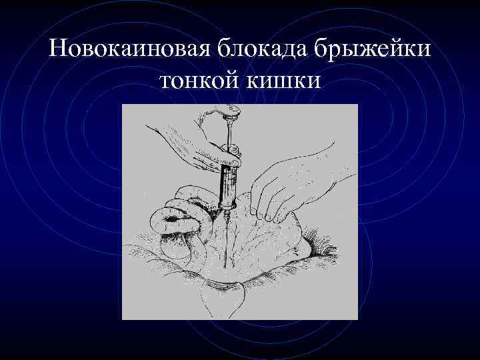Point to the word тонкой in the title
[x=201, y=81]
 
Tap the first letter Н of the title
[x=58, y=51]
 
